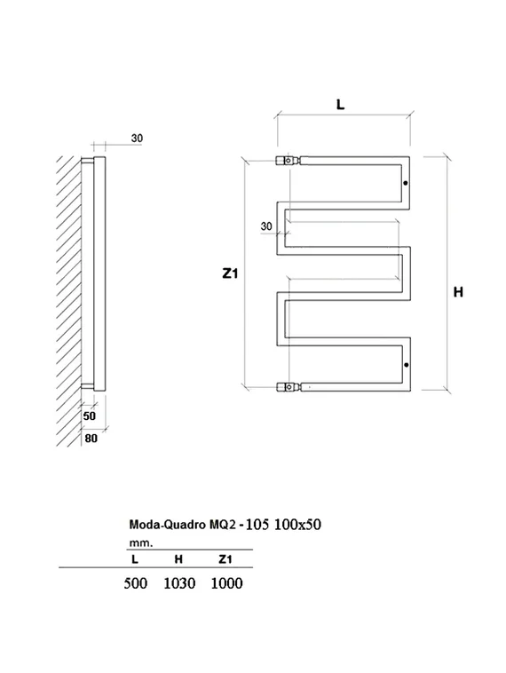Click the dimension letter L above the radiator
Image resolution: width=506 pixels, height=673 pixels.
coord(341,104)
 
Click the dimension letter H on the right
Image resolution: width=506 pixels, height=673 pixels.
coord(458,292)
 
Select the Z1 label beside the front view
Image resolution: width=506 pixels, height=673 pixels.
coord(230,274)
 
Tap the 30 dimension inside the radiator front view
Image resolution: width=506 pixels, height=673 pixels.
coord(266,226)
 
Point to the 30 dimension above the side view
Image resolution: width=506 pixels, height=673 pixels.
coord(137,138)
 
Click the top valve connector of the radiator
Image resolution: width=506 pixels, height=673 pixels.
coord(288,162)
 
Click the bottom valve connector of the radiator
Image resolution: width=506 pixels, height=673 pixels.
coord(288,387)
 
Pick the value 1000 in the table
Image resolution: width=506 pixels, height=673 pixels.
coord(226,582)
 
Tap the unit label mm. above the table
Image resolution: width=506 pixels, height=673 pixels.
coord(140,541)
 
